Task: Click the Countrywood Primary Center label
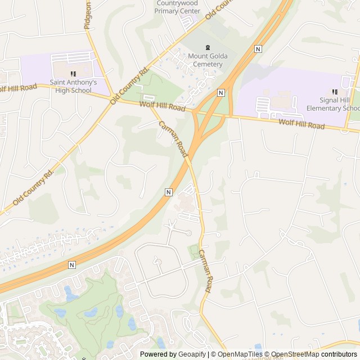coord(178,7)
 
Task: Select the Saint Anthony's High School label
coord(73,86)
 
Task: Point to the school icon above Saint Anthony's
coord(73,74)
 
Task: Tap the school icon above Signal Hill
coord(335,92)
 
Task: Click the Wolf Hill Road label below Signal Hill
coord(301,124)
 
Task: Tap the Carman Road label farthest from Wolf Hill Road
coord(205,272)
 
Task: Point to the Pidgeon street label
coord(87,15)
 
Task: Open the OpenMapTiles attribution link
coord(237,354)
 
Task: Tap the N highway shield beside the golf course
coord(71,264)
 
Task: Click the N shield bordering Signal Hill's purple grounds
coord(221,92)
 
